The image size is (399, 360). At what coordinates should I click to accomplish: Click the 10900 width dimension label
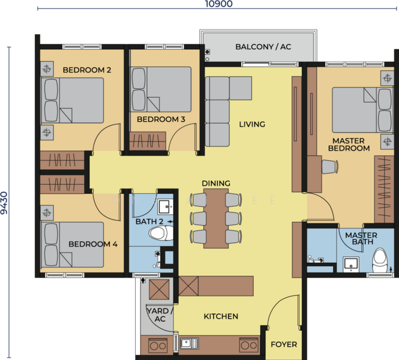tap(219, 4)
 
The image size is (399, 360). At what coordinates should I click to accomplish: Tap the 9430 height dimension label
tap(4, 203)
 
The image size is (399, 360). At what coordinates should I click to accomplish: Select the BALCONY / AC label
tap(263, 47)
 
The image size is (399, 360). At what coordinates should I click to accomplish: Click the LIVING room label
tap(252, 124)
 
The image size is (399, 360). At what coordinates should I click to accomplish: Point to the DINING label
tap(216, 183)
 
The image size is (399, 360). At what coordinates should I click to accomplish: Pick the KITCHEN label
tap(221, 316)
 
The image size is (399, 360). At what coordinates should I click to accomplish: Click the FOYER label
tap(284, 344)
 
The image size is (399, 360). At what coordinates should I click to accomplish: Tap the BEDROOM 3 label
tap(161, 119)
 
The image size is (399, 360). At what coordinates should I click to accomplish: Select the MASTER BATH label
tap(361, 238)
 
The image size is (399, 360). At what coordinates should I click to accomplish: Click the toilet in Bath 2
tap(161, 233)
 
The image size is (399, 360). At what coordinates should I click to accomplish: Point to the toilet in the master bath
tap(380, 260)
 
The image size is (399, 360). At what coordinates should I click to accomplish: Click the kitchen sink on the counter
tap(190, 344)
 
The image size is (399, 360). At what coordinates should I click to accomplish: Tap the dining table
tap(216, 218)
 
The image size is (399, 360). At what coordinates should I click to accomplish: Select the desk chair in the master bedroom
tap(330, 167)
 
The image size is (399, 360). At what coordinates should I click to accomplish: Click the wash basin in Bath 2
tap(166, 207)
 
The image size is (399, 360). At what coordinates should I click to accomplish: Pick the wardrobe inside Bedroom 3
tap(148, 141)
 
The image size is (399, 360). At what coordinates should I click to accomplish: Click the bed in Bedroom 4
tap(72, 244)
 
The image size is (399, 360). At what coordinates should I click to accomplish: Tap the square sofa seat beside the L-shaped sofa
tap(241, 88)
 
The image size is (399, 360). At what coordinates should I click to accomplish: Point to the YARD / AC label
tap(160, 315)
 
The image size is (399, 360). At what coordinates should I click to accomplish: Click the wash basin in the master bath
tap(351, 264)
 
